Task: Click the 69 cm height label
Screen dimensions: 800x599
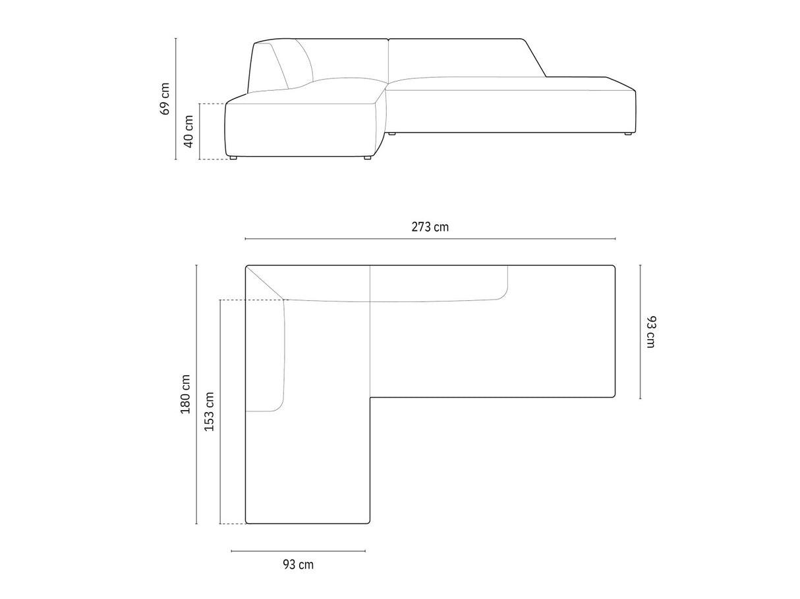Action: pos(165,99)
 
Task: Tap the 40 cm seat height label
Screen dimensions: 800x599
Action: pos(188,132)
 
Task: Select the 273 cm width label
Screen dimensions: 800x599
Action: pos(430,227)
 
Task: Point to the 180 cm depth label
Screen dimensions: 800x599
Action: pos(186,394)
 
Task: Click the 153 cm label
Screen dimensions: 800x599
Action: pos(209,411)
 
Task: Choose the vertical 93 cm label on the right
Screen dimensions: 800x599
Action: pos(650,332)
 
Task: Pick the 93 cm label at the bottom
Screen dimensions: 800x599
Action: pos(298,564)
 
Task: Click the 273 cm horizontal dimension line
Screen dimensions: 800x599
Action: pos(430,239)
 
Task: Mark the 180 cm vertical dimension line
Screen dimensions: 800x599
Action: pos(196,394)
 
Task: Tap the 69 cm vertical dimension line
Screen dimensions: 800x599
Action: pos(176,99)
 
